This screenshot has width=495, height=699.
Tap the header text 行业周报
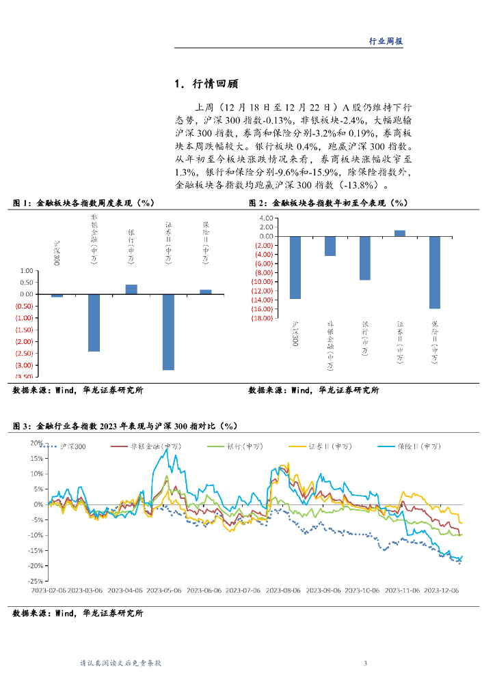[386, 41]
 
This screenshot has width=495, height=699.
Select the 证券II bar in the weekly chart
[168, 332]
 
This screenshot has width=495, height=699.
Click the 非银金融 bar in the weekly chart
[94, 322]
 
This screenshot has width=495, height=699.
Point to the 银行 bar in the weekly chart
[131, 289]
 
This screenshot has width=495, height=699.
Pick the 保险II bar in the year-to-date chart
[434, 272]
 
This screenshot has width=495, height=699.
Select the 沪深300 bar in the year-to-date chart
[295, 267]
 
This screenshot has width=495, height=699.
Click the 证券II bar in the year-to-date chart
[400, 233]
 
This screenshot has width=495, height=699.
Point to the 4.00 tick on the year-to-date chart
[267, 218]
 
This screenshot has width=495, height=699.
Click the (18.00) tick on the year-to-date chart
[263, 318]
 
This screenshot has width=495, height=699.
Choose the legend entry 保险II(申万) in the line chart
[428, 446]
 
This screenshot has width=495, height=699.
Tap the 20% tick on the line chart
[36, 443]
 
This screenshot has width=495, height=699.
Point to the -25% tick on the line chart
[34, 582]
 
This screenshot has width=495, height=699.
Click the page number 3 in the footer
[366, 664]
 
